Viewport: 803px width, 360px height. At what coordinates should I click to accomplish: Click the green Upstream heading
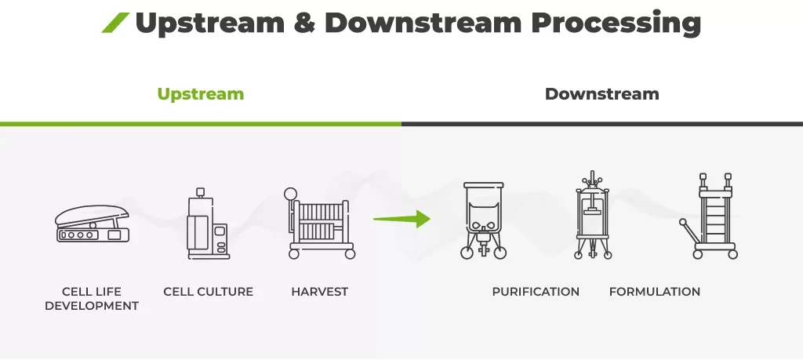[200, 94]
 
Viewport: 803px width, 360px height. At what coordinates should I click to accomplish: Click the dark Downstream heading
[601, 94]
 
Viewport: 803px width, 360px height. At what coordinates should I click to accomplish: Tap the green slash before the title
[114, 24]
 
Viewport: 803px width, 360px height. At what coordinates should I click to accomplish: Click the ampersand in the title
[303, 24]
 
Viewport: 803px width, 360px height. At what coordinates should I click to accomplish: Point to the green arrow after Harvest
[401, 219]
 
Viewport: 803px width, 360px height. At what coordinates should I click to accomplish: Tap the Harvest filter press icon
[320, 223]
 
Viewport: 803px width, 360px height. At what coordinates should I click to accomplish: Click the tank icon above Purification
[483, 220]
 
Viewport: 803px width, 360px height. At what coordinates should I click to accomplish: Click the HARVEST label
[319, 292]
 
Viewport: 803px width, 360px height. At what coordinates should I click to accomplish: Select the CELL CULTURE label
[208, 292]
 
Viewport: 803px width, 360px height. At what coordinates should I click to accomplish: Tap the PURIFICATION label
[536, 292]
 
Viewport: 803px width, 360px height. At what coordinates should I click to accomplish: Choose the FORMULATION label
[654, 292]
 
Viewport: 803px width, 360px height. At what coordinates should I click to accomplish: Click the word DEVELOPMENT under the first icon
[92, 306]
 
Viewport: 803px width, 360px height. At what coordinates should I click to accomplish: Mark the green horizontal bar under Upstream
[200, 123]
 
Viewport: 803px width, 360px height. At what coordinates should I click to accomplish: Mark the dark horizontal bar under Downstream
[601, 123]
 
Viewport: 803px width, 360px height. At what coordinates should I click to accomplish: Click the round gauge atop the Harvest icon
[290, 193]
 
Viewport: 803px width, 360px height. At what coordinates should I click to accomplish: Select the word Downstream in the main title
[424, 24]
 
